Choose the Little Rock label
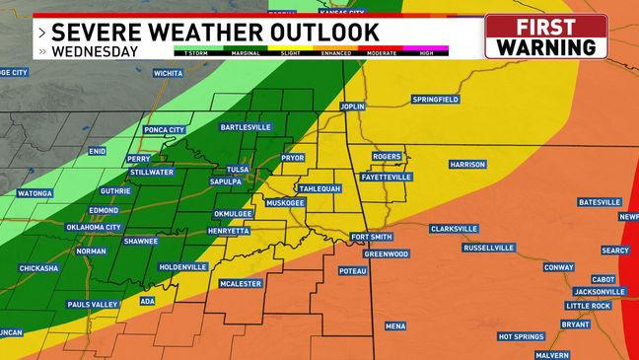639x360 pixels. coord(588,306)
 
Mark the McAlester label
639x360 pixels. coord(241,284)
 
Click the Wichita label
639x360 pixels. coord(169,73)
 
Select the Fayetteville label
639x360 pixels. coord(386,177)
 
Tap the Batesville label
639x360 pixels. coord(599,202)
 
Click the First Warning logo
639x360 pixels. coord(545,36)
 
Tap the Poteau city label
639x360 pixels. coord(352,270)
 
